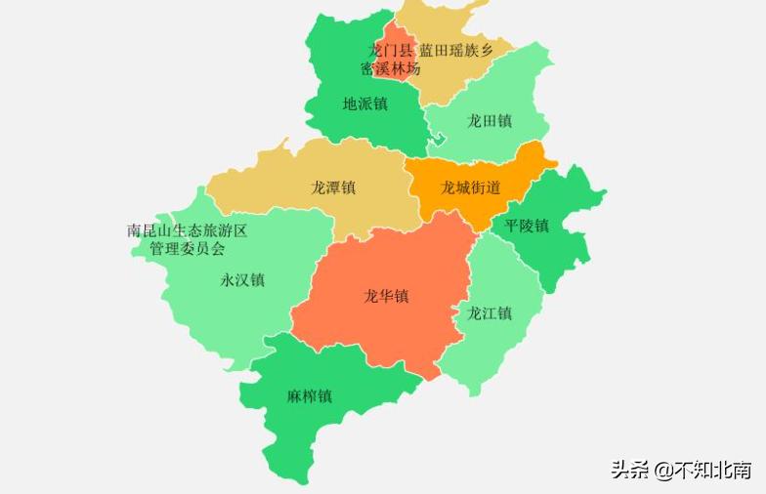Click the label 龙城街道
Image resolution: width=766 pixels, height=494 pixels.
pyautogui.click(x=470, y=187)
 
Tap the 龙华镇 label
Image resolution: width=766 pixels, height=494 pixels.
pyautogui.click(x=386, y=296)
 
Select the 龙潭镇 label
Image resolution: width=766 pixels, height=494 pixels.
pyautogui.click(x=332, y=187)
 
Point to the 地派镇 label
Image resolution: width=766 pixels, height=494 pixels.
pyautogui.click(x=364, y=103)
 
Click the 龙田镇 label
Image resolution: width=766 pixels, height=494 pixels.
pyautogui.click(x=489, y=121)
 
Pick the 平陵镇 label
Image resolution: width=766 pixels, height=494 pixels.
pyautogui.click(x=527, y=226)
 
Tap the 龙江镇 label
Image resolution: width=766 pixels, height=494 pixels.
pyautogui.click(x=489, y=313)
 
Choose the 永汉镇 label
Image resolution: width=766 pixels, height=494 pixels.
pyautogui.click(x=241, y=280)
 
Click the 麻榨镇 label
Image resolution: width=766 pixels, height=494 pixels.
pyautogui.click(x=309, y=396)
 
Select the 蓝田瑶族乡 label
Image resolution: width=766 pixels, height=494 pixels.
pyautogui.click(x=456, y=50)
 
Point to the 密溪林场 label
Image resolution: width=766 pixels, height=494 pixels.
pyautogui.click(x=390, y=68)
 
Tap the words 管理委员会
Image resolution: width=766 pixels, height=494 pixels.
pyautogui.click(x=187, y=249)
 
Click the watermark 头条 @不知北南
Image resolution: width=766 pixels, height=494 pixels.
pyautogui.click(x=681, y=471)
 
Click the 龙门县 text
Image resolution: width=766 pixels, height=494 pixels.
pyautogui.click(x=390, y=50)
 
